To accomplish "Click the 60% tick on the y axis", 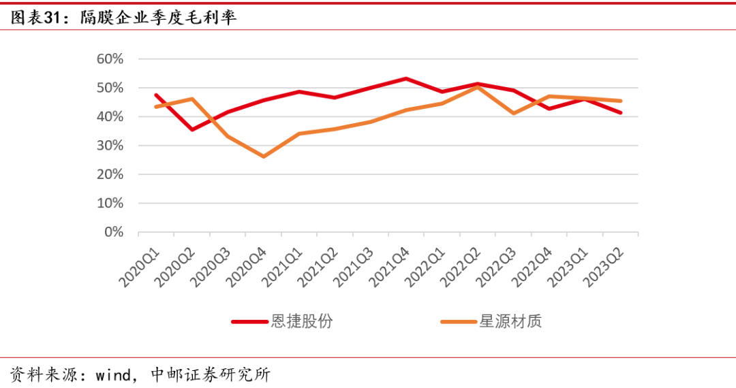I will (x=110, y=59).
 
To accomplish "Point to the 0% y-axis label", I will (x=113, y=232).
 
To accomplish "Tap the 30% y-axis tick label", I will (x=110, y=146).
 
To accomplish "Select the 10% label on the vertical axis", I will (x=110, y=204).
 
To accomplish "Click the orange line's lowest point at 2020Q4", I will (x=263, y=157).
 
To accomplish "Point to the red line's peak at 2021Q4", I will (x=406, y=78).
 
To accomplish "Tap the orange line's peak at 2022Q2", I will (x=478, y=87).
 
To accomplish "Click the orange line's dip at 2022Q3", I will (x=513, y=113).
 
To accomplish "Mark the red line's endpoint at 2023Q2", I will (x=620, y=113).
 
